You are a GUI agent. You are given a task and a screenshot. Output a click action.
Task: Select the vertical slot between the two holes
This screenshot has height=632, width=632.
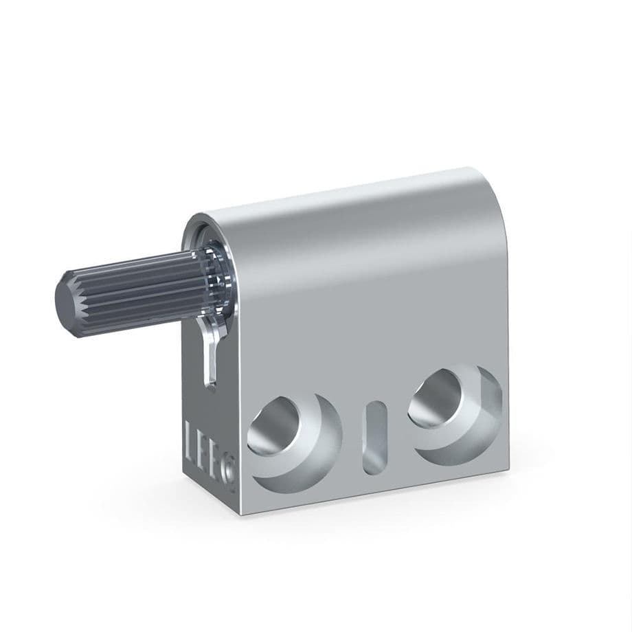pos(374,436)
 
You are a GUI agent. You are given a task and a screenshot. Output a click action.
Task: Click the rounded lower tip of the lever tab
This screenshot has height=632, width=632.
pos(212,381)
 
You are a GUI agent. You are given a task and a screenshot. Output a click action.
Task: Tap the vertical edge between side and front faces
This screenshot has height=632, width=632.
pos(237,378)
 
